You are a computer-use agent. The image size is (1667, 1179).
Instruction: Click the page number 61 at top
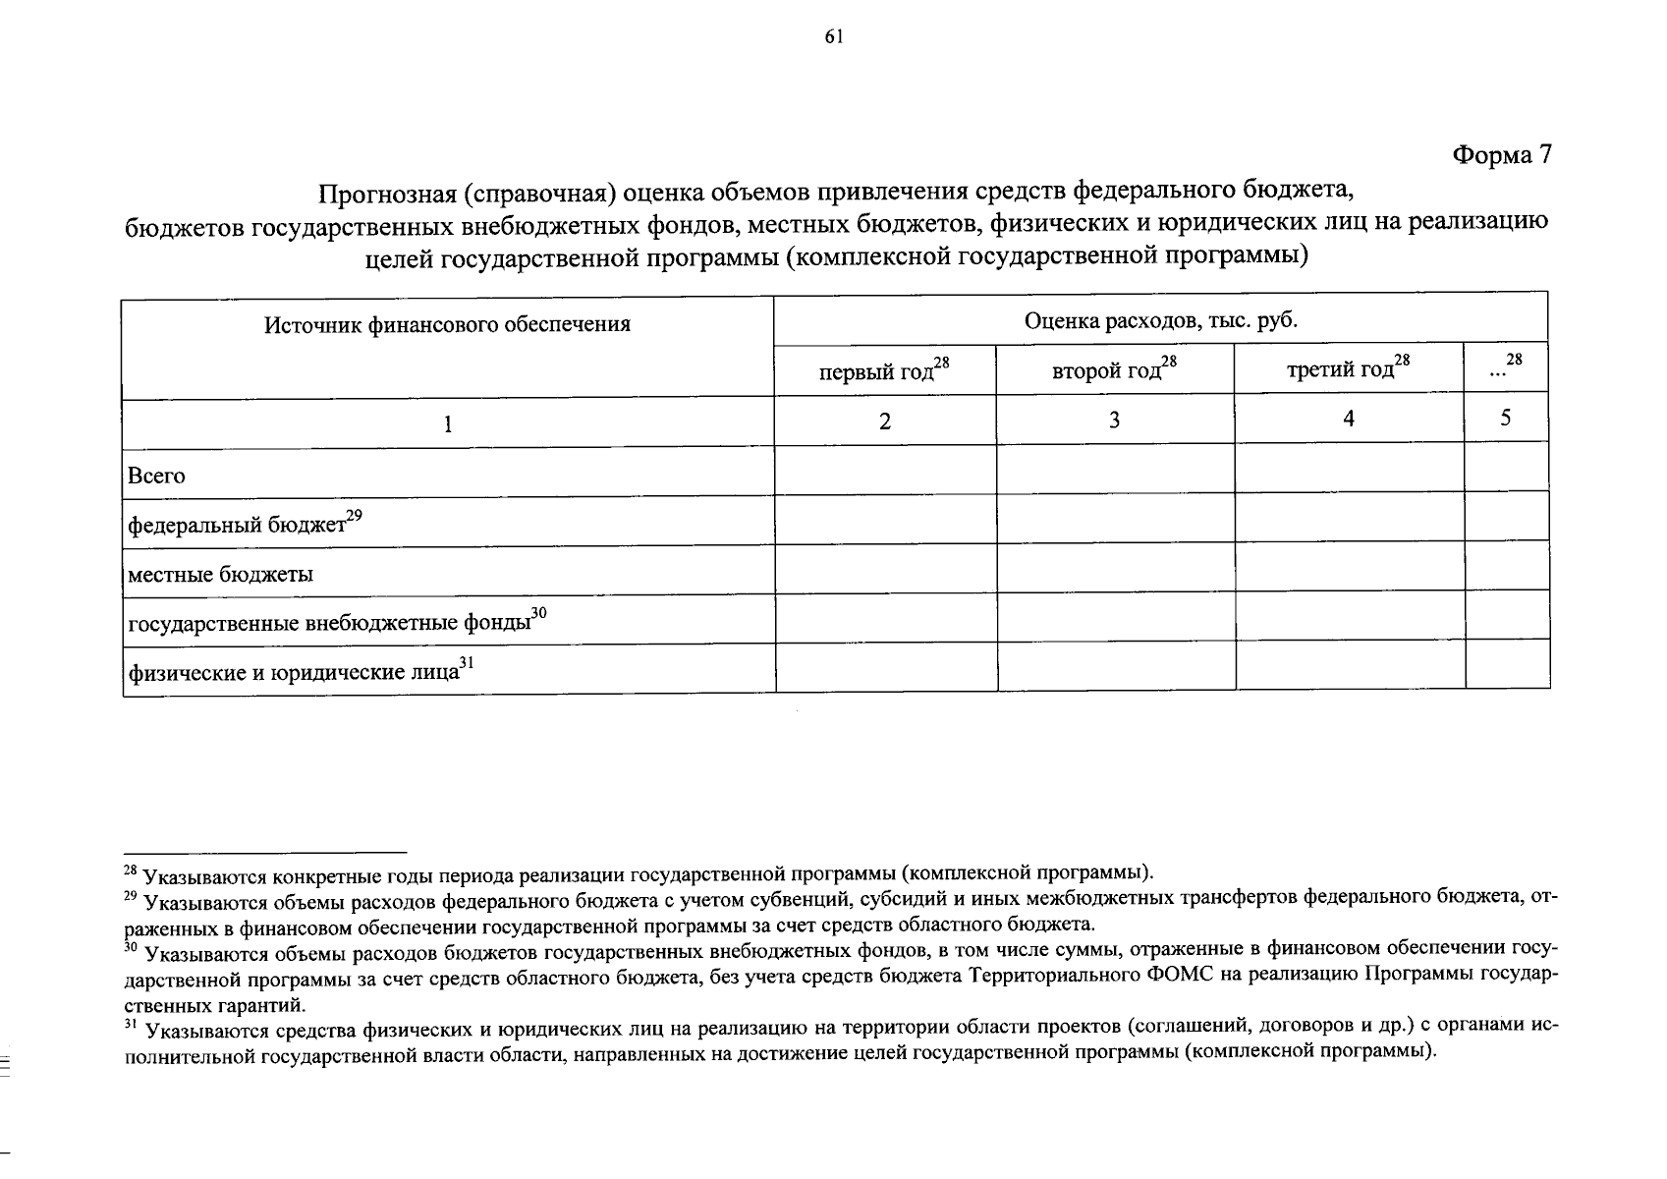point(834,37)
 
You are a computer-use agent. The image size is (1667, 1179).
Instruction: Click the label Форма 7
point(1501,155)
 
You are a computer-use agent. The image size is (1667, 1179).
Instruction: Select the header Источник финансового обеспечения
point(447,324)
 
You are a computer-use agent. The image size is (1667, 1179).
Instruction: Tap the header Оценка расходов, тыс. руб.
point(1160,319)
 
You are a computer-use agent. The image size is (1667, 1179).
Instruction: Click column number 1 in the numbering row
point(447,423)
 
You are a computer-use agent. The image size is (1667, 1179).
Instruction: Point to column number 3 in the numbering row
point(1115,421)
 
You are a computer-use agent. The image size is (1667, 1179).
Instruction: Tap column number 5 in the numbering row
point(1505,419)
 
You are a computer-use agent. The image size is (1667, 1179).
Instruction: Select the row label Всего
point(156,476)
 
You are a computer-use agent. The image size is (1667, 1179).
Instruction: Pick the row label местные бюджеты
point(221,575)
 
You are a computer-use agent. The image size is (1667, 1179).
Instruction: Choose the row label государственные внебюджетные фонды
point(329,623)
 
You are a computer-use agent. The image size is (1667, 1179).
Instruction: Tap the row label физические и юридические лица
point(294,673)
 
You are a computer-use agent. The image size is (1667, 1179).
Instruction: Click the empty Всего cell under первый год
point(885,470)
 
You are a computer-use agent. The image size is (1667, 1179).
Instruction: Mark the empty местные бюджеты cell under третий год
point(1350,566)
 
